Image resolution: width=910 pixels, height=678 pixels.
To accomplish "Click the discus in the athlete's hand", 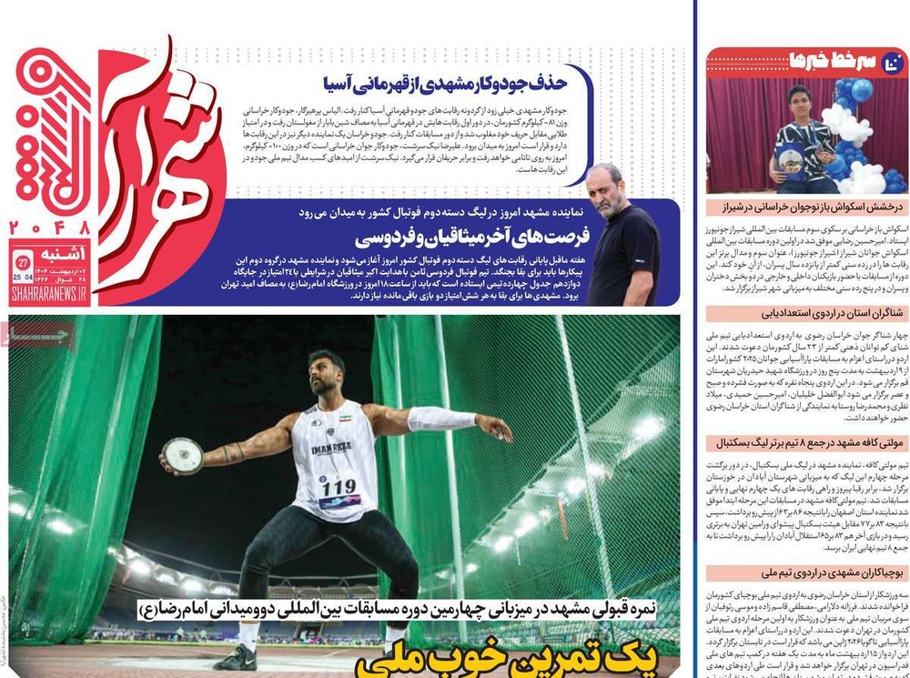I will tap(180, 455).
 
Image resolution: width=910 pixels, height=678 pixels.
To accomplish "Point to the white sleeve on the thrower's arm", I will tap(441, 419).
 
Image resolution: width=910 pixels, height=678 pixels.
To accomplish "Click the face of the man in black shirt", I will tap(608, 187).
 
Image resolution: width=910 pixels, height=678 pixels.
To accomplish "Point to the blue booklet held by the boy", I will tap(787, 160).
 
